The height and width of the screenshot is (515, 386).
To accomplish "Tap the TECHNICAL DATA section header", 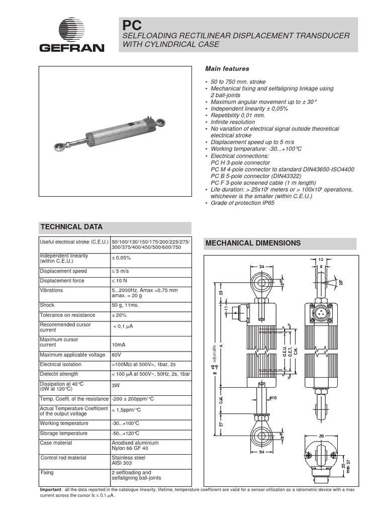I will pos(71,227).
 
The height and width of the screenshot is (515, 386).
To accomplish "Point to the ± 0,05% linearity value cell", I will pos(121,258).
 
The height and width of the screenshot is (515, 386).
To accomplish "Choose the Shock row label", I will pos(47,305).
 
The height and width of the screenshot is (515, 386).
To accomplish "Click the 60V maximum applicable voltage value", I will pos(117,355).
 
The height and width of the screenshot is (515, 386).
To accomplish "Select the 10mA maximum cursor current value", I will pos(119,345).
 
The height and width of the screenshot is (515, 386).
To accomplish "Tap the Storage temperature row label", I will pos(63,433).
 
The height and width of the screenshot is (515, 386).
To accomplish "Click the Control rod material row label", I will pos(64,458).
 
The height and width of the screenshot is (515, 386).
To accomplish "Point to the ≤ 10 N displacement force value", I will pos(121,281).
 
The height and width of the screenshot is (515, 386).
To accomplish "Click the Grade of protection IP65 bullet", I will pos(242,203).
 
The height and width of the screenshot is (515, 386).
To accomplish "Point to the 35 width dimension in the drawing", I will pos(321,436).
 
